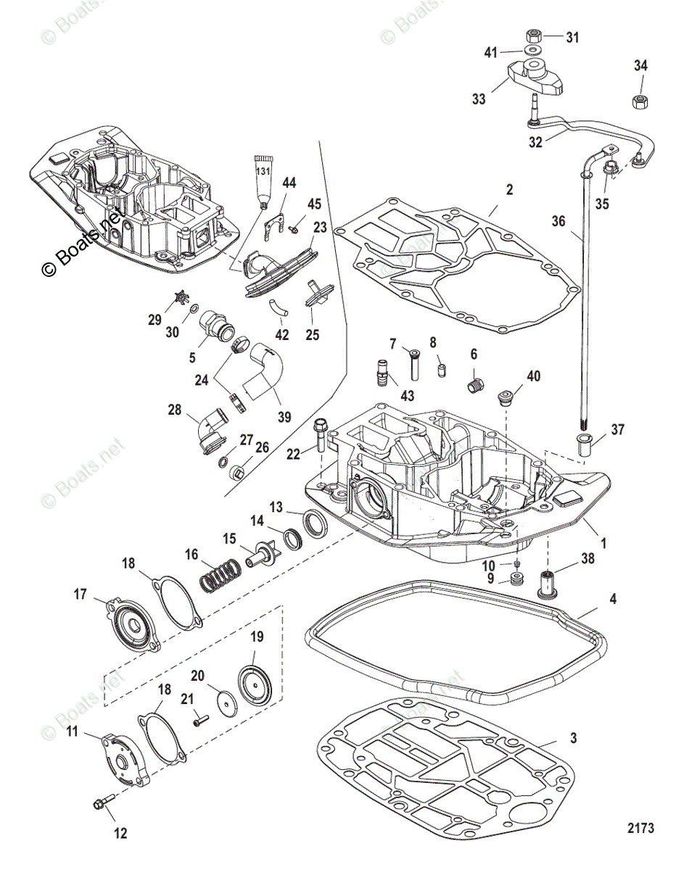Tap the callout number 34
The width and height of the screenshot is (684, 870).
coord(640,66)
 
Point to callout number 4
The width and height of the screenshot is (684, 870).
coord(614,600)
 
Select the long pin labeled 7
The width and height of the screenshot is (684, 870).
coord(415,362)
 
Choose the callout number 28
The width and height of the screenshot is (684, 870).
coord(176,410)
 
